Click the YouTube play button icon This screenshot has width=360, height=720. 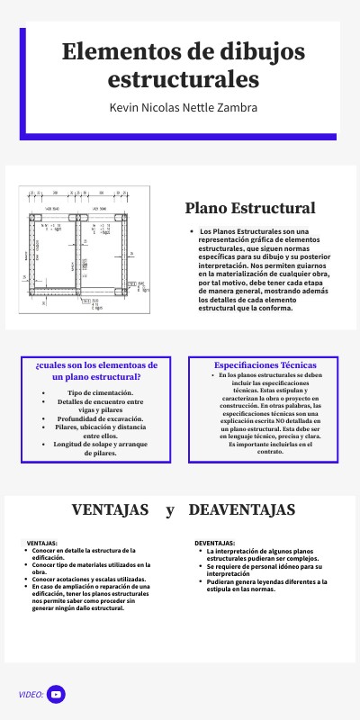[x=56, y=694]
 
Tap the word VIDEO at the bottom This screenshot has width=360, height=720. [x=31, y=695]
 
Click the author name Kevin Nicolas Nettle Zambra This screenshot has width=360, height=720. [x=183, y=107]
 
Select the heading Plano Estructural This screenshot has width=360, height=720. [x=250, y=208]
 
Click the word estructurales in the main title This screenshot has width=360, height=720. [x=183, y=80]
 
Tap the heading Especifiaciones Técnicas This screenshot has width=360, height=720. [x=265, y=365]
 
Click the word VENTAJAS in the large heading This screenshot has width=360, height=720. [x=110, y=510]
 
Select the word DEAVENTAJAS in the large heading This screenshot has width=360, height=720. [x=242, y=510]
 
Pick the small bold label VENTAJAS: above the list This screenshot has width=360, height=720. [x=42, y=544]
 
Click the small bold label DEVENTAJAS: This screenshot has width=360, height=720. [x=215, y=544]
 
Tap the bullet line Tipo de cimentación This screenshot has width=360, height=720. [x=101, y=393]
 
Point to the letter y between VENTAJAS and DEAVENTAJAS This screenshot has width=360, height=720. [x=169, y=511]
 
